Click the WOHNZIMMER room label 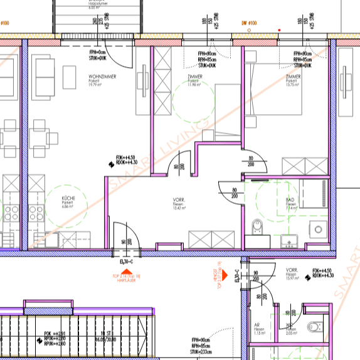point(102,77)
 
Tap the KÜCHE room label point(68,198)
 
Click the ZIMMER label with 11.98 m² point(195,77)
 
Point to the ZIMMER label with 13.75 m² point(292,77)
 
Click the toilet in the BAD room point(256,226)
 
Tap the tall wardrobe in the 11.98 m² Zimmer point(162,82)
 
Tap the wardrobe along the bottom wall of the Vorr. point(211,239)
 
